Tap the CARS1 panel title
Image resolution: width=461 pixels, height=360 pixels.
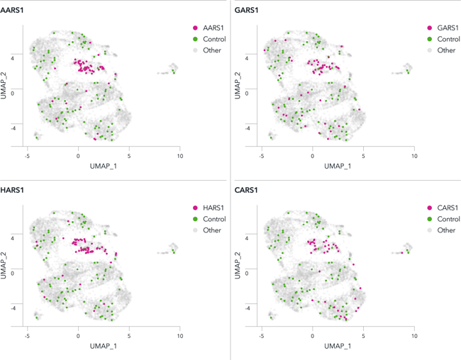[248, 190]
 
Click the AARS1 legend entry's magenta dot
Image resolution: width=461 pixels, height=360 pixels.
[196, 28]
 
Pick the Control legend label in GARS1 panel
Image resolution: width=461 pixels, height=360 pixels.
[448, 39]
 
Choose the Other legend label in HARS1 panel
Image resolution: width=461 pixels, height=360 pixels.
[212, 230]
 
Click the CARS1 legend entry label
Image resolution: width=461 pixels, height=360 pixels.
[448, 208]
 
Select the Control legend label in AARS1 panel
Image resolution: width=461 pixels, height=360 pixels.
[214, 39]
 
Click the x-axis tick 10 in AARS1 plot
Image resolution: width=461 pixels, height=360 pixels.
[179, 154]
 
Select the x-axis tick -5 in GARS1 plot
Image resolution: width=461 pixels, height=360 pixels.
[262, 154]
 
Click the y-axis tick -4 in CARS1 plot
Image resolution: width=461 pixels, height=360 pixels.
[248, 308]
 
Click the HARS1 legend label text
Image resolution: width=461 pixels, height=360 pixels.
[213, 208]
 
